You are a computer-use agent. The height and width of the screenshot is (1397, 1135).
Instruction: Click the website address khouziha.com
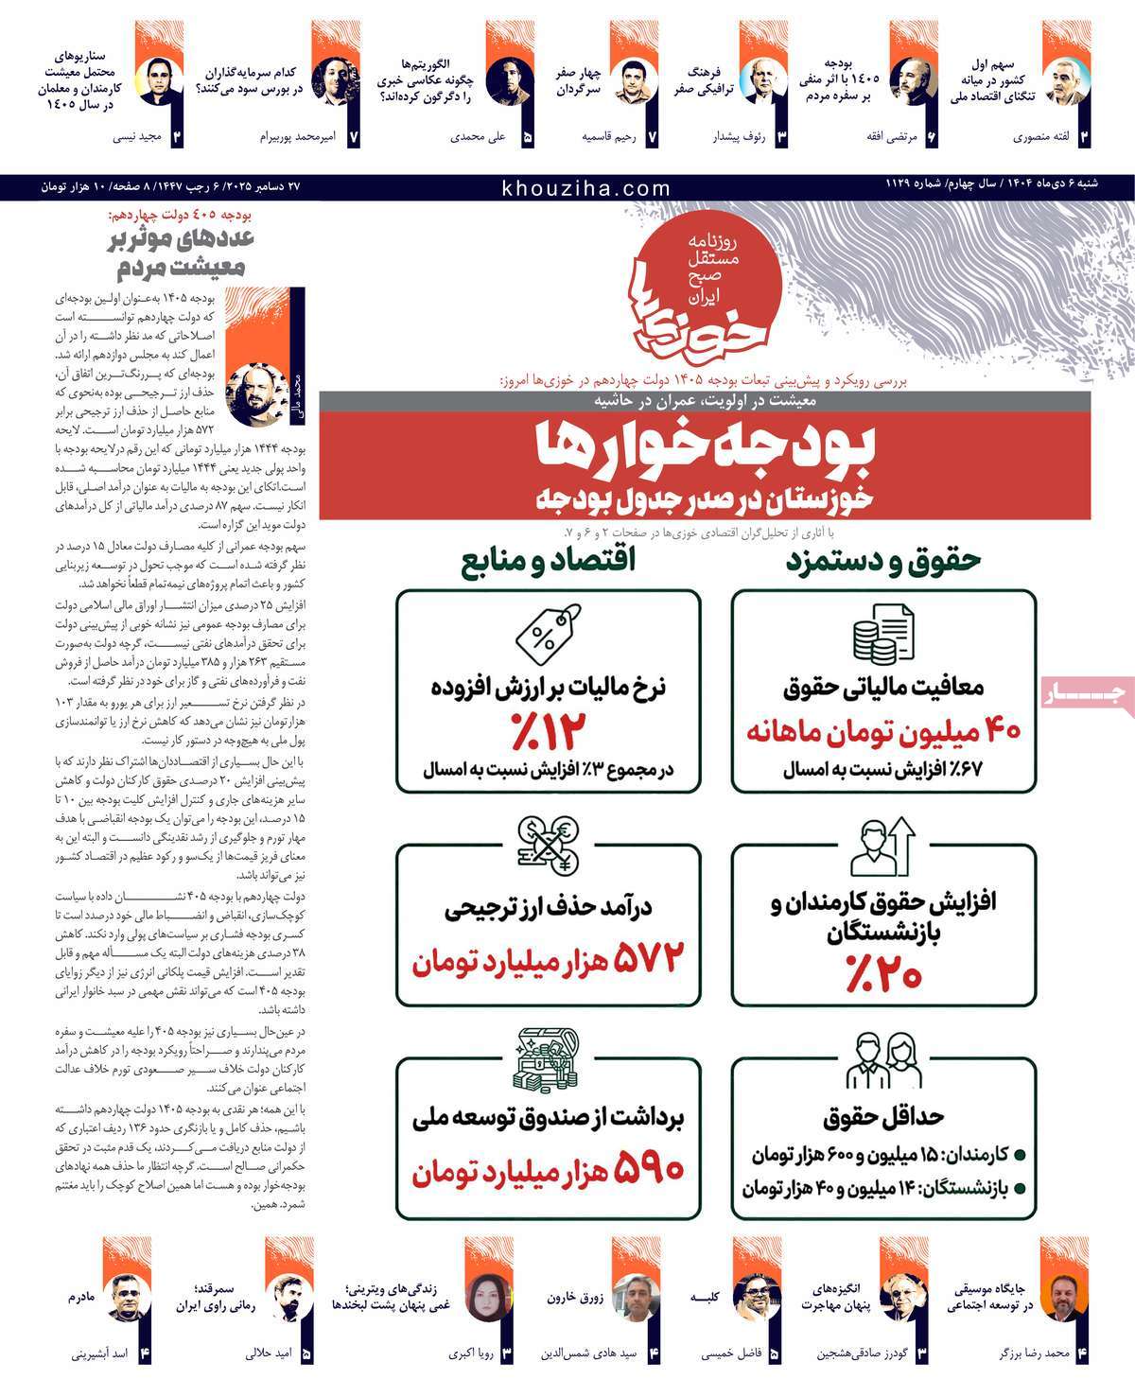(586, 188)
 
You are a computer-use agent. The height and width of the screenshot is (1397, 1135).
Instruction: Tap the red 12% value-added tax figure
(549, 729)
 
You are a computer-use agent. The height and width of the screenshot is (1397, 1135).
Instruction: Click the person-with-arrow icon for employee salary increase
(882, 847)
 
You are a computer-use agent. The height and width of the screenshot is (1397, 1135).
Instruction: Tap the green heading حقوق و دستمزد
(882, 560)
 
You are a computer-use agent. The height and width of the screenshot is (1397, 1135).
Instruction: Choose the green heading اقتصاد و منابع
(548, 560)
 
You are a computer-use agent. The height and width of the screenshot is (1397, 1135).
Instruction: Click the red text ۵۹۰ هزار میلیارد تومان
(548, 1171)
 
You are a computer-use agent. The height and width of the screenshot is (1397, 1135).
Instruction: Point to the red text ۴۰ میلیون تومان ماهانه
(883, 731)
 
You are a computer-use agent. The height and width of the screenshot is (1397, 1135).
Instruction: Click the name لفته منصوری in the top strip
(1040, 136)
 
